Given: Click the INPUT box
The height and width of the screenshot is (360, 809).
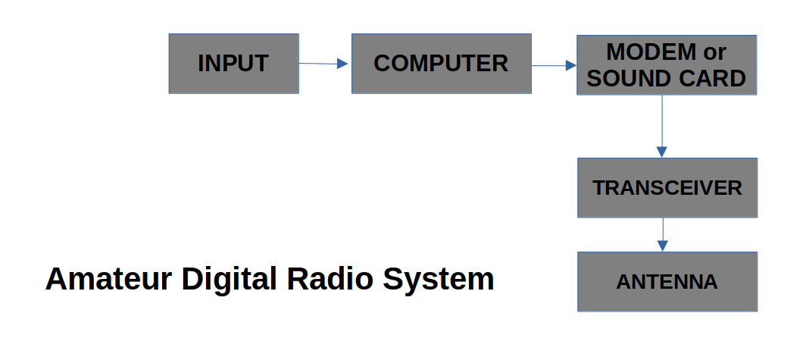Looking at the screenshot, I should (x=233, y=64).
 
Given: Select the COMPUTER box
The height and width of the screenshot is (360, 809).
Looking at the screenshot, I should (x=441, y=64).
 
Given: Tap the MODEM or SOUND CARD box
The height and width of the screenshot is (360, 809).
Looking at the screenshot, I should (x=667, y=65).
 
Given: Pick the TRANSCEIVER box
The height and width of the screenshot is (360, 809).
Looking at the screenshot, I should (x=667, y=188).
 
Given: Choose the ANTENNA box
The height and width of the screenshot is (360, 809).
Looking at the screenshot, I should (x=667, y=282).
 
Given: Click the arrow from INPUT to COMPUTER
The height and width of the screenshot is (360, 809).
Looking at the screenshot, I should (x=323, y=64).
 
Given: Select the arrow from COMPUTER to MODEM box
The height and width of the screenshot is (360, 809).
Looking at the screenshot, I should (x=554, y=66).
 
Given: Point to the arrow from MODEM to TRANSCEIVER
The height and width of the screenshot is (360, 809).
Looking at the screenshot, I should (x=662, y=126).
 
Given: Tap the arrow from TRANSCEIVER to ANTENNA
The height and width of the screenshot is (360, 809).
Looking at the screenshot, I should (x=663, y=234).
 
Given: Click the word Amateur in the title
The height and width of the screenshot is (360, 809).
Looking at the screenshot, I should (x=108, y=279).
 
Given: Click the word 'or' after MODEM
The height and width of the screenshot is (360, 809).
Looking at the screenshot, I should (x=714, y=52).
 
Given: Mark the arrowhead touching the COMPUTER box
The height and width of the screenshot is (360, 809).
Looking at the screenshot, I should (x=342, y=64).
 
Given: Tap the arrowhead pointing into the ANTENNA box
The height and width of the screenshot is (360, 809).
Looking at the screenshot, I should (x=663, y=246).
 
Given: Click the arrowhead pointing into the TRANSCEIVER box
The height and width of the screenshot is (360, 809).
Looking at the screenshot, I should (x=662, y=152).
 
